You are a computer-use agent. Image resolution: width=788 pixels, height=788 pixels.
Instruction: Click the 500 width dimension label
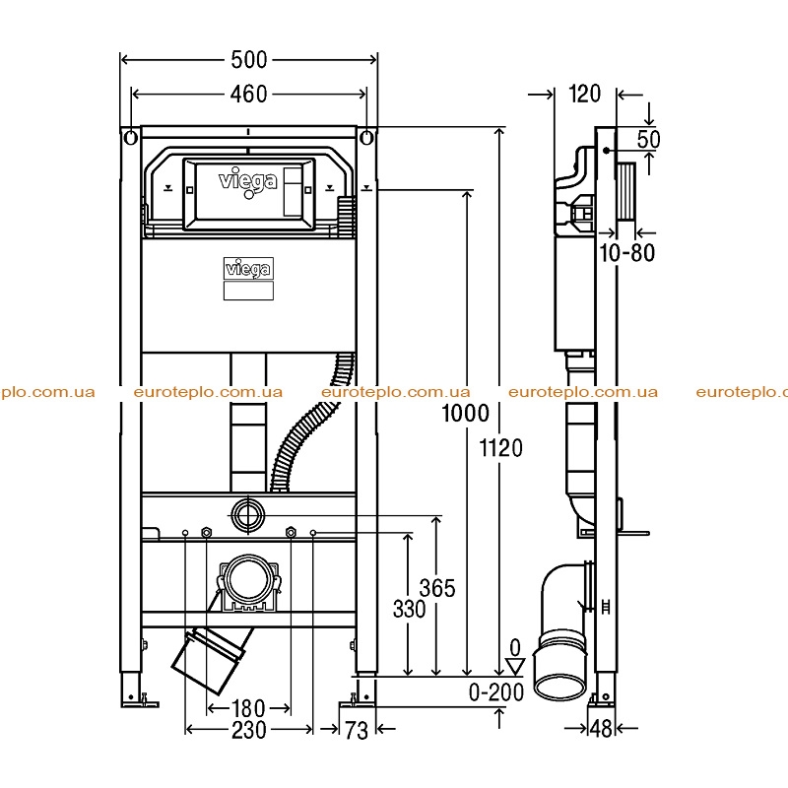(249, 60)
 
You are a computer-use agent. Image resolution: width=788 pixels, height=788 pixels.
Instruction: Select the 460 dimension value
(249, 94)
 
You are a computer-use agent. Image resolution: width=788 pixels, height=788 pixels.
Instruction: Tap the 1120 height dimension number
(501, 448)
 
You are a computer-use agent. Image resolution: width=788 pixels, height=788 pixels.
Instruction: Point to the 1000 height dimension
(465, 413)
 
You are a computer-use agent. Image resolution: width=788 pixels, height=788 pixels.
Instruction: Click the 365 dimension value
(437, 588)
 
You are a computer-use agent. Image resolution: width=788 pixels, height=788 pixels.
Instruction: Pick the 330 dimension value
(409, 609)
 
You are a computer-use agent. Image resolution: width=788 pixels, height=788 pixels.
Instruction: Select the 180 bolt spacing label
(248, 708)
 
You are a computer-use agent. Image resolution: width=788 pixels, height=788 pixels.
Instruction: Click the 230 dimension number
(249, 730)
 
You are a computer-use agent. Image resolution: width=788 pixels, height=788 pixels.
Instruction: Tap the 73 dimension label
(357, 730)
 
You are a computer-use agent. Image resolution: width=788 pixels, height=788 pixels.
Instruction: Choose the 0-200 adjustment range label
(496, 692)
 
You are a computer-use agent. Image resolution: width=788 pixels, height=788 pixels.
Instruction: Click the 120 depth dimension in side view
(584, 94)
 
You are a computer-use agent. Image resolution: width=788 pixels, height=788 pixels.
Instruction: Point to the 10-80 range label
(627, 253)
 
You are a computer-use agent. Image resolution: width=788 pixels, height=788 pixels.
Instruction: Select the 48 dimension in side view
(601, 728)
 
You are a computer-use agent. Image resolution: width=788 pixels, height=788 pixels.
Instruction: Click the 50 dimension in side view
(648, 139)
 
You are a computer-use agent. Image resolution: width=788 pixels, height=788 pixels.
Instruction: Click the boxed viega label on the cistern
(248, 268)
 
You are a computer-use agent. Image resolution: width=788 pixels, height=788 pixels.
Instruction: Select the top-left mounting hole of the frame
(131, 138)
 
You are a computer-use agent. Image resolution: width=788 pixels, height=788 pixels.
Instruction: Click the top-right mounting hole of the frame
(367, 138)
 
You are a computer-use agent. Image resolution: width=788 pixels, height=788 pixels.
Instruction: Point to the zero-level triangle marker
(515, 667)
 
